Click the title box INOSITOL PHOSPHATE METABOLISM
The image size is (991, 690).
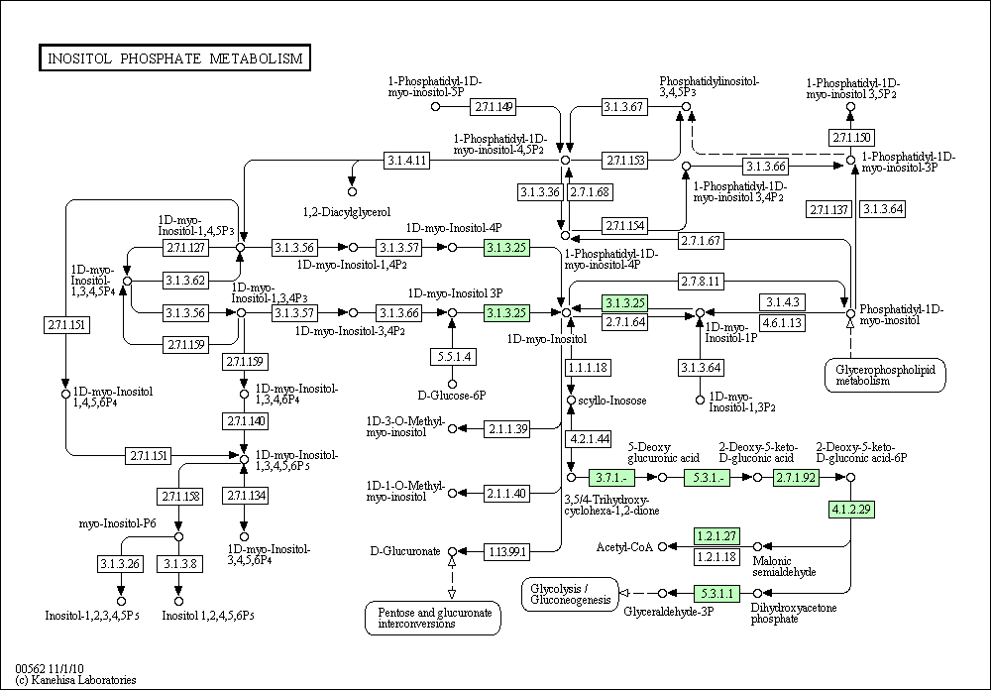click(x=174, y=57)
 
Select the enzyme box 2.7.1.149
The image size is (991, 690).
click(x=493, y=107)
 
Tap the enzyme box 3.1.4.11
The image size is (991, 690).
click(x=406, y=161)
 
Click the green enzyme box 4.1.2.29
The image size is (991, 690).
click(x=851, y=510)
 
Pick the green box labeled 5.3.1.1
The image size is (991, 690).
click(x=716, y=594)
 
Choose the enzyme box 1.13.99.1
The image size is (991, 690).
click(x=506, y=552)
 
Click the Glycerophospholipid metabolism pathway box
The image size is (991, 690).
click(x=885, y=375)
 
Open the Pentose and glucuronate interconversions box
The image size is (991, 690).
click(x=433, y=618)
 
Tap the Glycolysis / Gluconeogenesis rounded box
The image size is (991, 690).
click(x=570, y=595)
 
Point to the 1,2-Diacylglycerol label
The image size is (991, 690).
click(x=347, y=212)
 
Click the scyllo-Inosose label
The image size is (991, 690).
click(x=612, y=401)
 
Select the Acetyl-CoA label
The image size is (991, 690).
click(x=623, y=547)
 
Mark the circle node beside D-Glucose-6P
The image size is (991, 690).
click(x=452, y=384)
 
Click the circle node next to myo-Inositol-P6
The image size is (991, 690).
click(x=178, y=537)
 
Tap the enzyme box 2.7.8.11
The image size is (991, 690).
click(x=701, y=281)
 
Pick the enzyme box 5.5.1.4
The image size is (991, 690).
click(x=453, y=357)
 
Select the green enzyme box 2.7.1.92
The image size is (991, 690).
click(x=796, y=478)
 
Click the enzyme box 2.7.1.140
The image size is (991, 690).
click(x=245, y=421)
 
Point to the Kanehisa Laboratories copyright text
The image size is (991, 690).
click(x=75, y=680)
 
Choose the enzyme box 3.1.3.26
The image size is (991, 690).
click(x=120, y=563)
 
